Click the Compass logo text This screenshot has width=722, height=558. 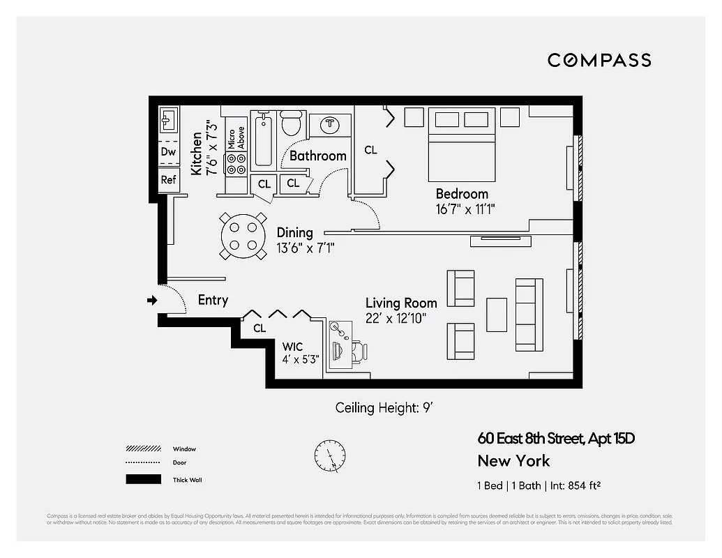599,60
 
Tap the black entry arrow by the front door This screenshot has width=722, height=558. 152,301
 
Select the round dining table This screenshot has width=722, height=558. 243,236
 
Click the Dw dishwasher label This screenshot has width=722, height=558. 168,151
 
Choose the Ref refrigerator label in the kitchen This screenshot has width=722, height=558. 168,180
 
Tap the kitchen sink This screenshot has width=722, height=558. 168,121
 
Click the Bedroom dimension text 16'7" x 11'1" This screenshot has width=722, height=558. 465,209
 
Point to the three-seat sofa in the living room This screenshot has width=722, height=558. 529,315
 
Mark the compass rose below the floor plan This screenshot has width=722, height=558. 329,457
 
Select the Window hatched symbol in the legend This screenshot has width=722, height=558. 142,448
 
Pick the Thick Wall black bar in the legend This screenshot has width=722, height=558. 142,479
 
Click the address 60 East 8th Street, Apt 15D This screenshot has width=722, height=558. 556,439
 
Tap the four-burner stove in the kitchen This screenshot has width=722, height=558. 236,163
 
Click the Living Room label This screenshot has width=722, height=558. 401,303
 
